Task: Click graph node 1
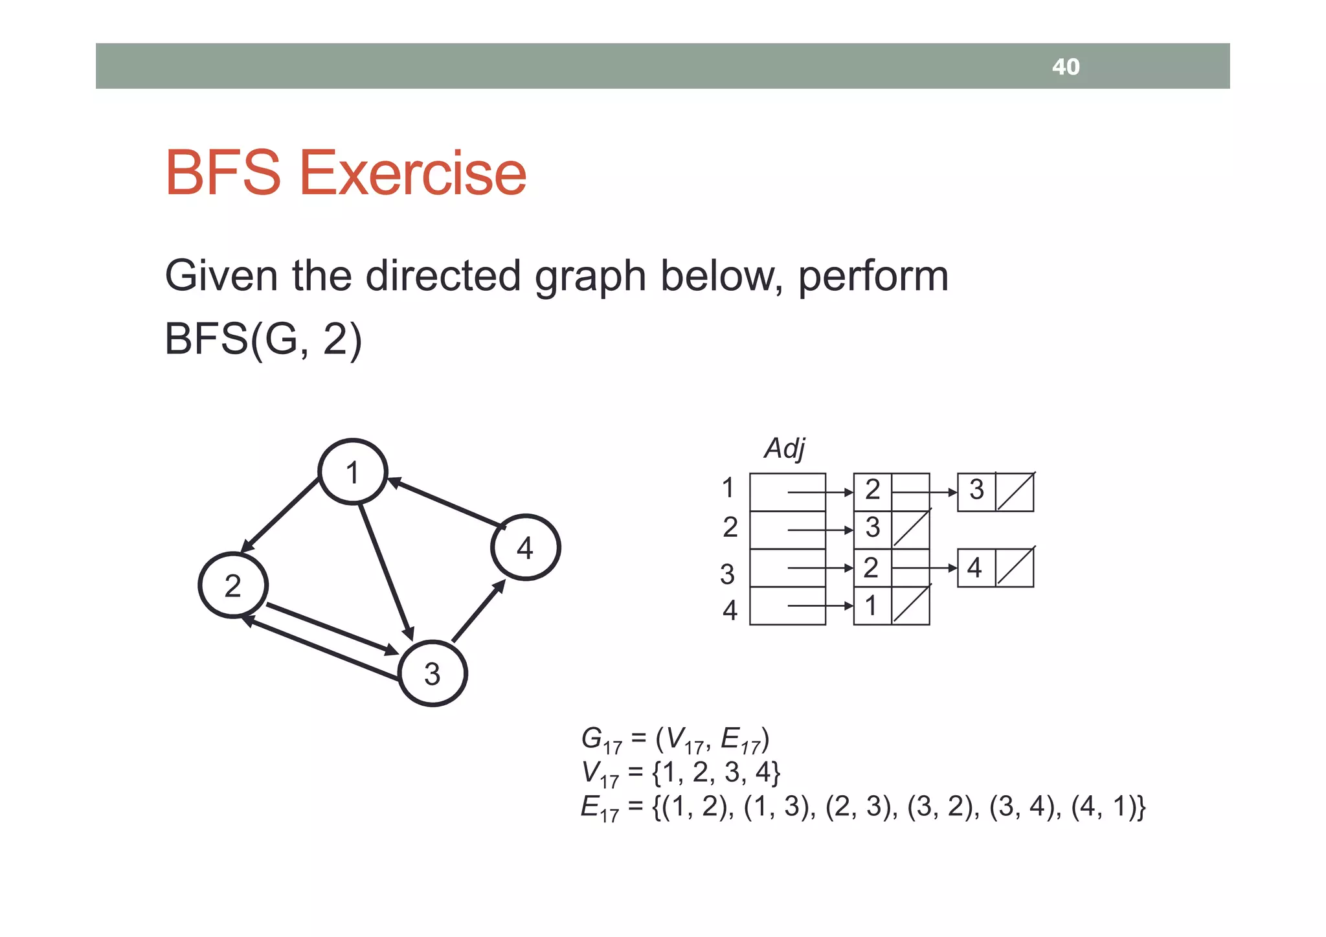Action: [353, 472]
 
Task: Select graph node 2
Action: [233, 585]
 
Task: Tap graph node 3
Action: [433, 673]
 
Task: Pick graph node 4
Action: [525, 548]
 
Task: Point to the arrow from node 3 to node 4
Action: [478, 611]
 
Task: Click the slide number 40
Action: [1065, 67]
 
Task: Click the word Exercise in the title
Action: [412, 173]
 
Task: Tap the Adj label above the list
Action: [785, 448]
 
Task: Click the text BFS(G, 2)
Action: [263, 339]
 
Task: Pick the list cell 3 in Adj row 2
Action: [873, 528]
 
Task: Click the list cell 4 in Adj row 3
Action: [975, 568]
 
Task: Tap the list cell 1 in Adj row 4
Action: [871, 606]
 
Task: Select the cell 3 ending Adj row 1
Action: [976, 490]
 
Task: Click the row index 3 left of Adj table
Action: [728, 574]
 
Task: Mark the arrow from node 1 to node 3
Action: [386, 570]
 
